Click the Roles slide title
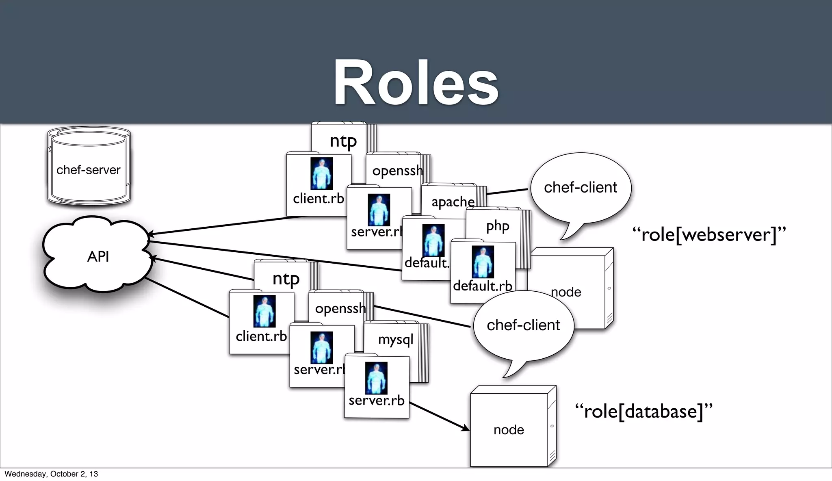point(416,83)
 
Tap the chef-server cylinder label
point(88,170)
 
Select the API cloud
point(97,256)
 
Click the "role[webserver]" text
point(709,235)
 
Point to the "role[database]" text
point(644,411)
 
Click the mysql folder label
point(395,339)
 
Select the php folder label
point(498,226)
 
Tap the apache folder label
point(453,202)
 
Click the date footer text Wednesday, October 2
point(51,474)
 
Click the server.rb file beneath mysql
point(377,386)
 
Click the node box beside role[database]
point(509,429)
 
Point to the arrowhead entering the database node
point(466,428)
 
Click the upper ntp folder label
point(343,141)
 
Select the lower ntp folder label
point(286,279)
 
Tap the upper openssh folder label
point(397,171)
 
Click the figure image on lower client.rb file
point(264,311)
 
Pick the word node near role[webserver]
point(566,292)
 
